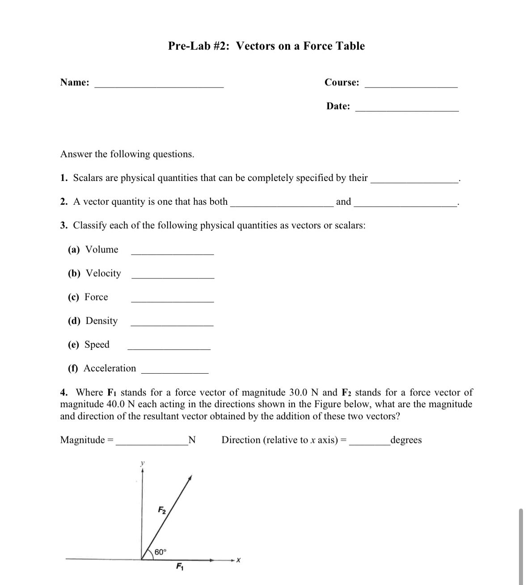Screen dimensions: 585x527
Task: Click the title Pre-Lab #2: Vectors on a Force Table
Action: click(x=266, y=46)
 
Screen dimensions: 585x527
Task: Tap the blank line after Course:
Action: click(x=411, y=85)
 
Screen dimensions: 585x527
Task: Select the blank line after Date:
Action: click(x=406, y=109)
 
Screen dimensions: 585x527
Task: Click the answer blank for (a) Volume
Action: click(x=172, y=253)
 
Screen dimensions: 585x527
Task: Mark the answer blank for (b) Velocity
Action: click(x=173, y=277)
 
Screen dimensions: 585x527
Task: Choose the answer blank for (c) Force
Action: click(x=172, y=300)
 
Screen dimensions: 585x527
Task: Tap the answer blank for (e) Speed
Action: click(x=169, y=348)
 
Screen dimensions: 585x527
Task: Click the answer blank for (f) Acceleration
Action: click(x=175, y=371)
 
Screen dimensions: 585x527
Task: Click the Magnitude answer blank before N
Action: click(x=152, y=443)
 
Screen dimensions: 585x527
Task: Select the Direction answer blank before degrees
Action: click(x=369, y=443)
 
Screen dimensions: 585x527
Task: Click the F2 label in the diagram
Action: click(x=162, y=510)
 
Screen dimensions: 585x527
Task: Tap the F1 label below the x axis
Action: click(x=180, y=567)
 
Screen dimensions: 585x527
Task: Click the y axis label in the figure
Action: click(x=143, y=464)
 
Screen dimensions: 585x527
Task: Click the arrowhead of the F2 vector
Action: click(x=190, y=478)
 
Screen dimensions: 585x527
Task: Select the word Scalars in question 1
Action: click(x=88, y=178)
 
